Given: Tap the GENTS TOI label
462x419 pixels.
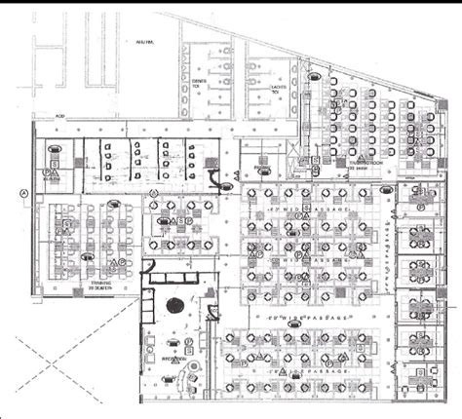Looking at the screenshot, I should (199, 84).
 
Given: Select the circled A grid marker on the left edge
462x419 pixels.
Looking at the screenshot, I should (23, 193).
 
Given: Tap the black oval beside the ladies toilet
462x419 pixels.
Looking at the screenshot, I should (315, 74).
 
